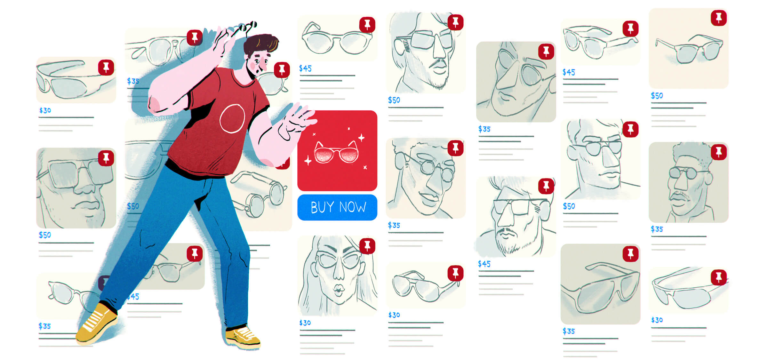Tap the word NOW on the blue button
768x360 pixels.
pos(352,207)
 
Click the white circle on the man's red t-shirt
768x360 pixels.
pos(232,118)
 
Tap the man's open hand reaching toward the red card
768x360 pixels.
pos(298,122)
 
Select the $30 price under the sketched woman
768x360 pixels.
pos(305,323)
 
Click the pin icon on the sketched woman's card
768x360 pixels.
pos(367,246)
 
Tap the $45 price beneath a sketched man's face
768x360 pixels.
pos(484,264)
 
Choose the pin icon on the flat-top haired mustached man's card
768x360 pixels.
pos(719,152)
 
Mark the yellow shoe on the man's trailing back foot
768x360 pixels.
pos(96,323)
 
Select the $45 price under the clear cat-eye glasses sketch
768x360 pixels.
pos(305,68)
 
